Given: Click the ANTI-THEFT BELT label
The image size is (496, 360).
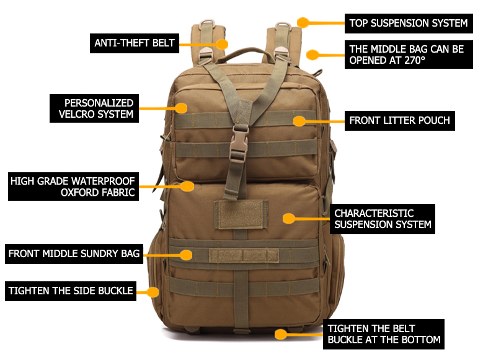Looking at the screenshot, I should (135, 43).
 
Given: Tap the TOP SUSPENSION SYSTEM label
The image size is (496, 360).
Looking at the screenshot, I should (409, 24).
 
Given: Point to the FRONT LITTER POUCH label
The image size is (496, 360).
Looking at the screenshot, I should (399, 120).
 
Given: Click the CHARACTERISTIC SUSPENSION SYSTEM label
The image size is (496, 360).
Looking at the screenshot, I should (382, 219).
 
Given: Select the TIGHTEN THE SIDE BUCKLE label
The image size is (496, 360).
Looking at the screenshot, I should (71, 291).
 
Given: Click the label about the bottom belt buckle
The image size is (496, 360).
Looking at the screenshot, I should (384, 334).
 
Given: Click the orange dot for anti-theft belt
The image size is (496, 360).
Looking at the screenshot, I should (222, 44).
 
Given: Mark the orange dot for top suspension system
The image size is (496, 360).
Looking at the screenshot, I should (303, 23).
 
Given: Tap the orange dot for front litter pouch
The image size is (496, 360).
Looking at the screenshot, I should (300, 120).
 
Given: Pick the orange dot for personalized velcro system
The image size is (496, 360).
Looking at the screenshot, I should (181, 108).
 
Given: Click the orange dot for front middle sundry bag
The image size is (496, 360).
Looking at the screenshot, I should (186, 253).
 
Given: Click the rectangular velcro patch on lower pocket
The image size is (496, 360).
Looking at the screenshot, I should (241, 214).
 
